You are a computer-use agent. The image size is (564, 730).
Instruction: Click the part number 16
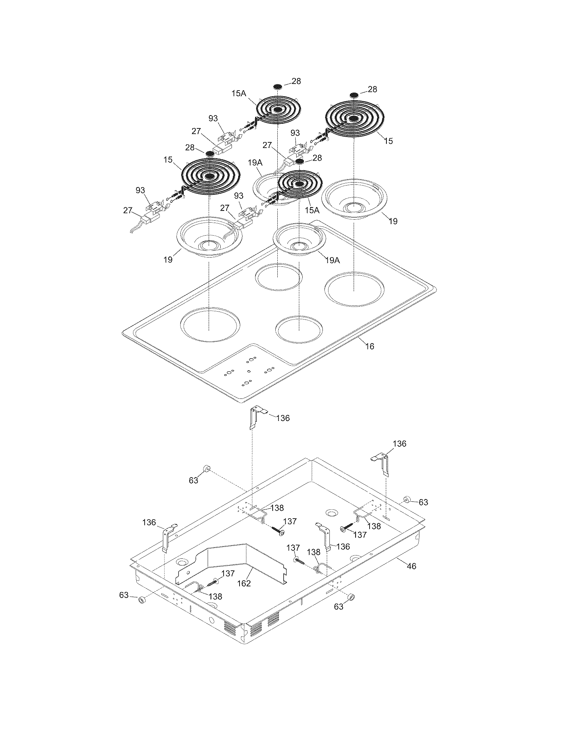[370, 346]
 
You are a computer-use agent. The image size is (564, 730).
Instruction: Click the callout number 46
[412, 566]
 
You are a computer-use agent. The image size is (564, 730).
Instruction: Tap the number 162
[244, 583]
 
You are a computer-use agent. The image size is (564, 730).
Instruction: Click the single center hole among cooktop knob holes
[248, 371]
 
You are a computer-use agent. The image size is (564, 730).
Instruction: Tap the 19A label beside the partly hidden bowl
[255, 163]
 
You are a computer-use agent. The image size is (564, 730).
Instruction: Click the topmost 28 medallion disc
[277, 87]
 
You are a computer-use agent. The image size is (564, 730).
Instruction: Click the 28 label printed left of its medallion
[190, 147]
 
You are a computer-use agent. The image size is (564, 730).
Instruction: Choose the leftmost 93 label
[140, 190]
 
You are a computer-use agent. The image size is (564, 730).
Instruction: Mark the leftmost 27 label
[128, 210]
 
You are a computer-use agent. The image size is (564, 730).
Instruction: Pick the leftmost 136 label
[149, 522]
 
